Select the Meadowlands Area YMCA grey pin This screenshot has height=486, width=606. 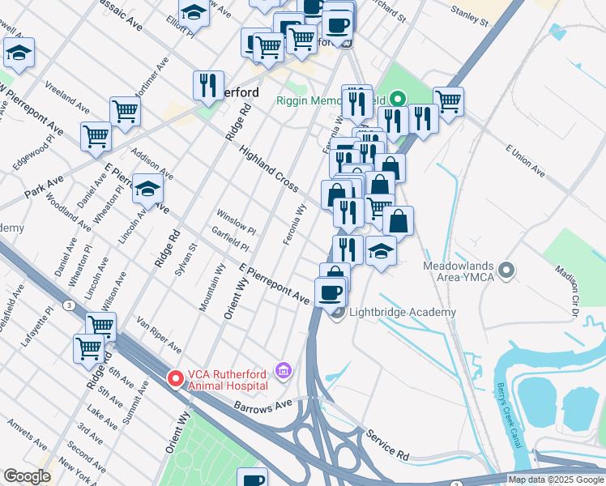tap(507, 269)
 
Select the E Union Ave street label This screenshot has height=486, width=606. tap(526, 160)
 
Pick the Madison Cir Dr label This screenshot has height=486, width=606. tap(574, 284)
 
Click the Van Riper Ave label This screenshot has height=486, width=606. tap(159, 334)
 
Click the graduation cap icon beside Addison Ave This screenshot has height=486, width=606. tap(147, 190)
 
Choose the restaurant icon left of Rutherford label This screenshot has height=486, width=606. tap(208, 85)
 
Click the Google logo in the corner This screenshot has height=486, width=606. tap(27, 476)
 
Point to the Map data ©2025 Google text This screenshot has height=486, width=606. tap(556, 480)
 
